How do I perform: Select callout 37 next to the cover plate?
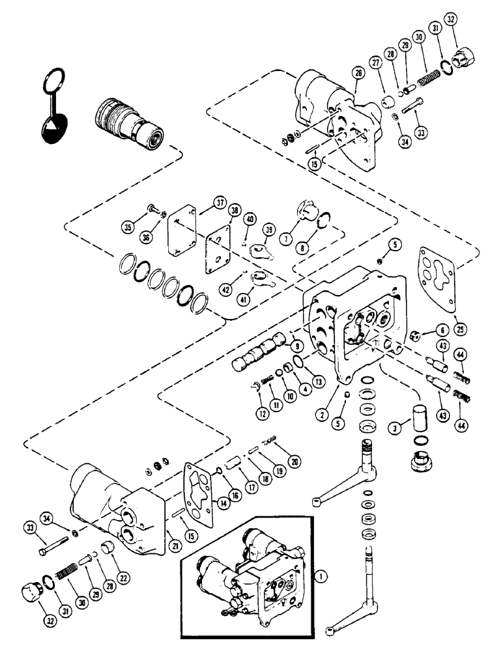pos(204,206)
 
